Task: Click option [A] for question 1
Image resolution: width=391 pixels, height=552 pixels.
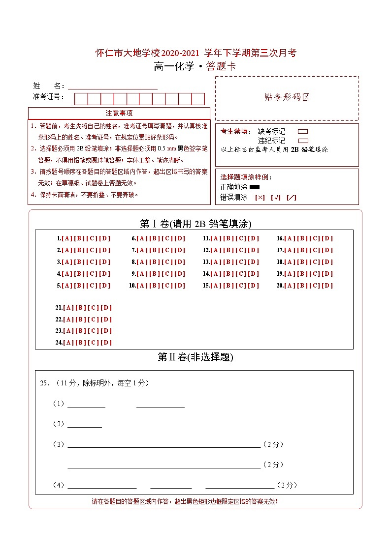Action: coord(66,238)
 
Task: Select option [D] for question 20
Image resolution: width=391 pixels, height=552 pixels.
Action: coord(328,286)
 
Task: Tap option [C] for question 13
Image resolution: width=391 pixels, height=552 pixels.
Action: coord(241,262)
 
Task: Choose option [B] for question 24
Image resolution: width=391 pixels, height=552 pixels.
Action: coord(80,343)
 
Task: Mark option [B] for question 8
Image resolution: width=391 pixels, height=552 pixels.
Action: coord(155,262)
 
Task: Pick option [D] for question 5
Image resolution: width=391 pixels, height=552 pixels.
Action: coord(105,286)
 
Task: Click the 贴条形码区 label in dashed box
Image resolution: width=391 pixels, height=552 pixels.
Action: coord(287,97)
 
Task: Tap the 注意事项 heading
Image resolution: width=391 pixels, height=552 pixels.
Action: coord(119,113)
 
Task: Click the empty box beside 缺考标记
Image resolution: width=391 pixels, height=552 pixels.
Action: coord(303,132)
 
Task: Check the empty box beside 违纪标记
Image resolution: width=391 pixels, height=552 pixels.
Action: coord(303,141)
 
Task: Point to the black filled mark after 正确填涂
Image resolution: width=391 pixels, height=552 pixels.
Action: coord(255,187)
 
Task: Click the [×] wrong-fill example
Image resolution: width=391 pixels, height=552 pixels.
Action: coord(260,198)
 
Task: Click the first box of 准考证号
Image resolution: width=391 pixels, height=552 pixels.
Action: coord(81,99)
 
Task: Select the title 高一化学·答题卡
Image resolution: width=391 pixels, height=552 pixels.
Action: coord(195,67)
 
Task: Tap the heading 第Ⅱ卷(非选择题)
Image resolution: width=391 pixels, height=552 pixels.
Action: coord(195,357)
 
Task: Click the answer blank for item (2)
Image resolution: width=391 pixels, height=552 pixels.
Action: coord(84,424)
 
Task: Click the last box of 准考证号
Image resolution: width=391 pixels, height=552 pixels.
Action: coord(198,99)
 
